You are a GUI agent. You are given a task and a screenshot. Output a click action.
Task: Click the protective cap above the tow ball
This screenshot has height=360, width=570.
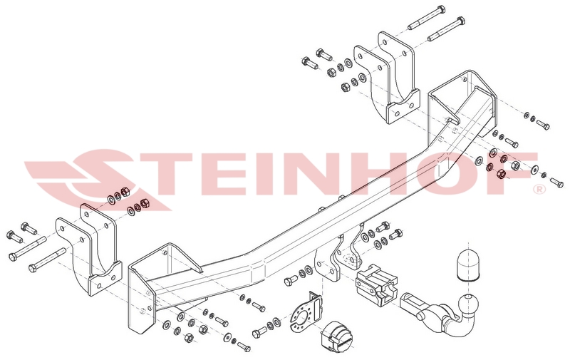(467, 265)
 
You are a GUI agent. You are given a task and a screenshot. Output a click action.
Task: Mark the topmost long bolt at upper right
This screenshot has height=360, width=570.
(426, 17)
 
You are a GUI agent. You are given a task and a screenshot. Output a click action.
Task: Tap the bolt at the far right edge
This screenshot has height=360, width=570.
(556, 182)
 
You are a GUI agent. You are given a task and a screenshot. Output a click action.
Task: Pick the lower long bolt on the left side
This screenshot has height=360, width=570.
(47, 259)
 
